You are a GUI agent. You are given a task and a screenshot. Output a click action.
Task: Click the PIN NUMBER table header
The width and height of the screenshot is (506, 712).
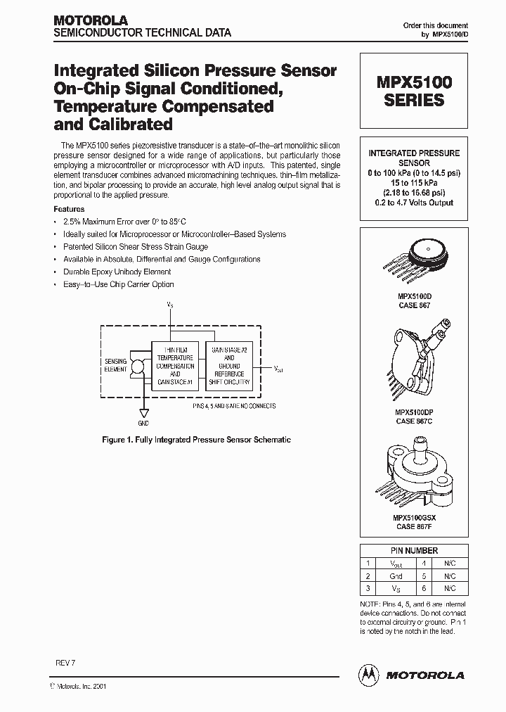coord(414,551)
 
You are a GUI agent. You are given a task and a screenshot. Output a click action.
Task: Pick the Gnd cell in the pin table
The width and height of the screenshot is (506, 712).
coord(396,575)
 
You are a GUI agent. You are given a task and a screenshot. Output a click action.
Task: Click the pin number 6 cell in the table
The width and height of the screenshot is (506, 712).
coord(424,587)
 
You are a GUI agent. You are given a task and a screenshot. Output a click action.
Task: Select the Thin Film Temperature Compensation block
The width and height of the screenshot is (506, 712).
coord(175,366)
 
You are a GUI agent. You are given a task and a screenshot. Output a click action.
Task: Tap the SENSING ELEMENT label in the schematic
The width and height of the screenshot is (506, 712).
coord(115,364)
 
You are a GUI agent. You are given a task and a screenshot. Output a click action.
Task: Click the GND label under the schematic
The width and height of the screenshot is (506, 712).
coord(143,424)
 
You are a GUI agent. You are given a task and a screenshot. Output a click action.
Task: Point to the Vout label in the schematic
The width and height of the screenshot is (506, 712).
coord(279,367)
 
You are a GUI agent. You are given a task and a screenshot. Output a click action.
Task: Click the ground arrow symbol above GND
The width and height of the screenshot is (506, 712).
coord(143,413)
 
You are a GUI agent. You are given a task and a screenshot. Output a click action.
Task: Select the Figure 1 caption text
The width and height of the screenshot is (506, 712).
coord(196,440)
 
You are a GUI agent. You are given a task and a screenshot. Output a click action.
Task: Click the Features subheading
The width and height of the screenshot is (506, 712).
coord(69,209)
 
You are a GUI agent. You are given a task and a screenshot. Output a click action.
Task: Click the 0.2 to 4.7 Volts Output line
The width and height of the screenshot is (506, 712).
coord(414,203)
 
